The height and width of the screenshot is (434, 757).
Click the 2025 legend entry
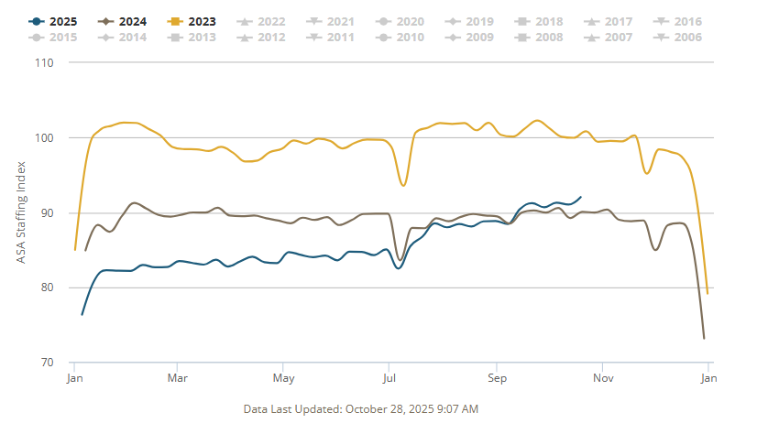click(x=54, y=21)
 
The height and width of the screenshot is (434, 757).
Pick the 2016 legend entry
click(x=686, y=21)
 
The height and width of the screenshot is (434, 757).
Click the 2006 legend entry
click(x=686, y=38)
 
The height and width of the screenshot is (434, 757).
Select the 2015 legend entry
click(x=56, y=38)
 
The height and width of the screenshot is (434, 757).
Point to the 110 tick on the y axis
click(x=43, y=63)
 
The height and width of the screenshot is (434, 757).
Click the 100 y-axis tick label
click(x=43, y=138)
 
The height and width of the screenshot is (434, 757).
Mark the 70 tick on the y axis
click(x=46, y=363)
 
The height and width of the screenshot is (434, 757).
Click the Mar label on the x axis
click(x=178, y=377)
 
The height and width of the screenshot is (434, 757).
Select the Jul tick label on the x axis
click(x=389, y=377)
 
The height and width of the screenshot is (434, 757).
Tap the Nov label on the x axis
click(x=602, y=377)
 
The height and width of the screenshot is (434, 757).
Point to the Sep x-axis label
click(x=497, y=377)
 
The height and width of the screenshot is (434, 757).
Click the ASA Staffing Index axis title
click(x=21, y=213)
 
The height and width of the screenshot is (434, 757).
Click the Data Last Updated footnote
click(x=361, y=408)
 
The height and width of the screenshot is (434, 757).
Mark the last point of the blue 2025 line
click(x=580, y=197)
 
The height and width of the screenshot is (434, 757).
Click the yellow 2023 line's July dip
click(x=402, y=185)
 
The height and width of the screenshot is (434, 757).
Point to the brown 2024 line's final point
click(x=704, y=339)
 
